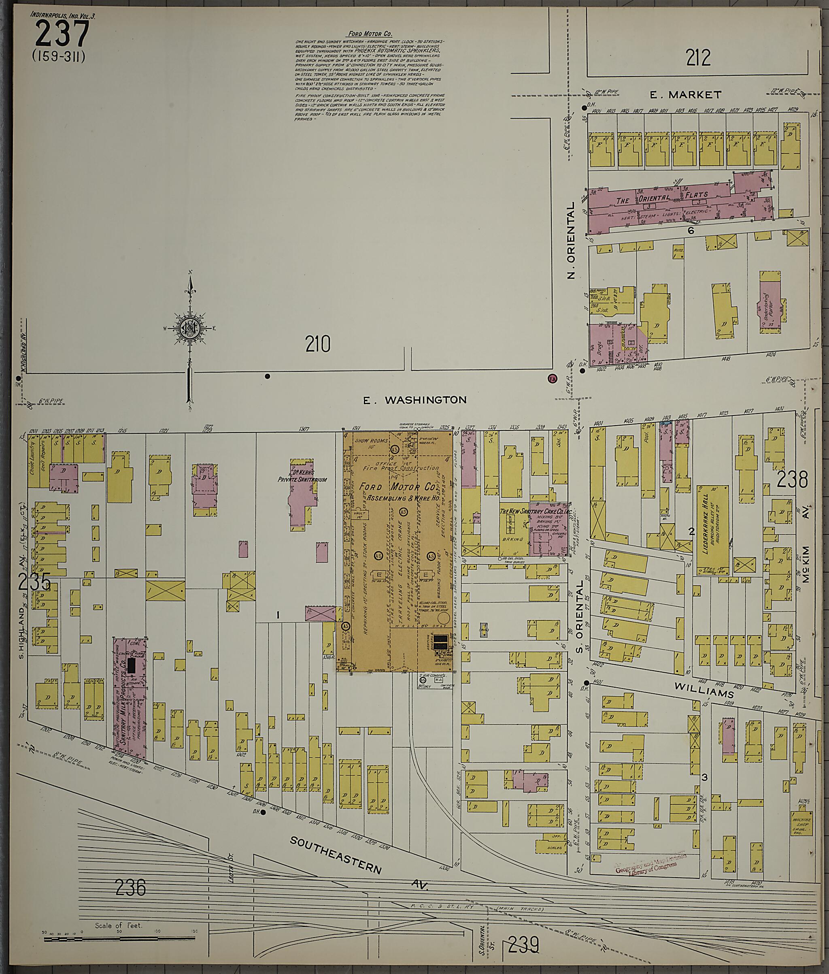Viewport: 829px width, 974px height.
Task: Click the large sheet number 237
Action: [x=62, y=34]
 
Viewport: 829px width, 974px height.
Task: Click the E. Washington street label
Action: [x=415, y=400]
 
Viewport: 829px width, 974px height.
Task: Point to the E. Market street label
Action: [x=685, y=95]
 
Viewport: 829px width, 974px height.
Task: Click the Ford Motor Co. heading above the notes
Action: [x=370, y=34]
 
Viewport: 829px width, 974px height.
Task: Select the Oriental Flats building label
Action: [x=661, y=198]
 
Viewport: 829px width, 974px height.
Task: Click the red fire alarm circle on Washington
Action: [x=552, y=378]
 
